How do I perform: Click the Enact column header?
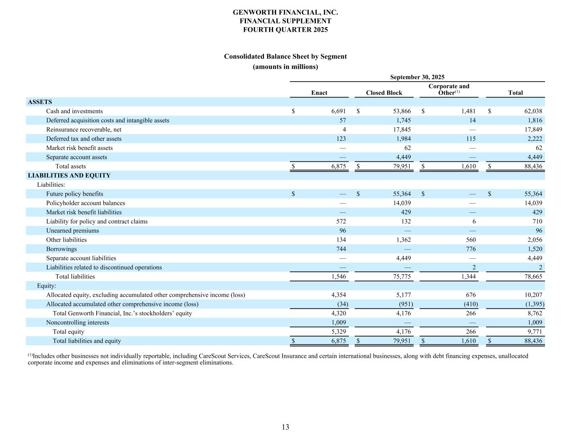click(319, 93)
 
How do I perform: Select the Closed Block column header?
click(384, 93)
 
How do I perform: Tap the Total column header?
click(515, 93)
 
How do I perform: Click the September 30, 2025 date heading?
click(417, 77)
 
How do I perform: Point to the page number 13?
click(285, 427)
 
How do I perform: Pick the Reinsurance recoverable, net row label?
click(84, 130)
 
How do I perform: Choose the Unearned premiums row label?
click(72, 231)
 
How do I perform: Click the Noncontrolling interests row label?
click(77, 323)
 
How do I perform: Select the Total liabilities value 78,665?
click(533, 277)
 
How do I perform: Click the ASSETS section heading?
click(40, 102)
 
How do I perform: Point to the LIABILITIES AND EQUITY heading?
click(69, 176)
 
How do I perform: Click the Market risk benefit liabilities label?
click(84, 212)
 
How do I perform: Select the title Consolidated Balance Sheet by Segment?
click(285, 56)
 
